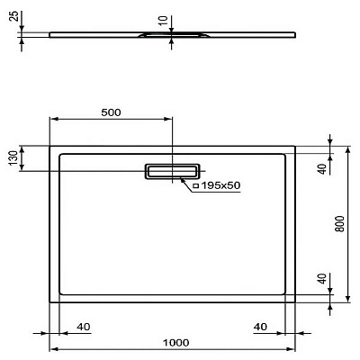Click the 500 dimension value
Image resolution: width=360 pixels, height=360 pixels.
111,112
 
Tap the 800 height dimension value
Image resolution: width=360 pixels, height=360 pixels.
339,224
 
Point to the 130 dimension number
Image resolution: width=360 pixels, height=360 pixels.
13,158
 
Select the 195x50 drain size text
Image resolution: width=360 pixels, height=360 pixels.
221,185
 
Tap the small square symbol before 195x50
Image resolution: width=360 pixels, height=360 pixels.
195,185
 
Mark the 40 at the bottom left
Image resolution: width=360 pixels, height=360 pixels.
83,326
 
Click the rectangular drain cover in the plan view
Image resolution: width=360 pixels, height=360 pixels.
173,171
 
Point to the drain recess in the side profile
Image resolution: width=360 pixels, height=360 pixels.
172,37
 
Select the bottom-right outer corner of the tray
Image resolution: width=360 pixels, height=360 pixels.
296,302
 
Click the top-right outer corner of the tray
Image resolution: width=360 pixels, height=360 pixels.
296,145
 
